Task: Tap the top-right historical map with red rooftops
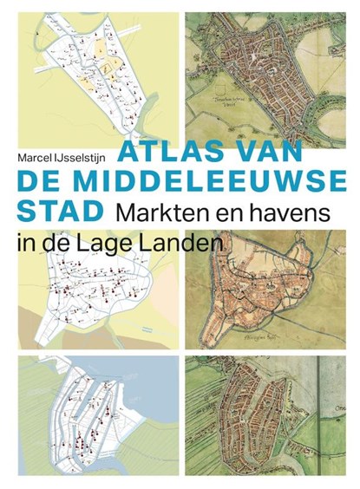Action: click(x=269, y=65)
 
